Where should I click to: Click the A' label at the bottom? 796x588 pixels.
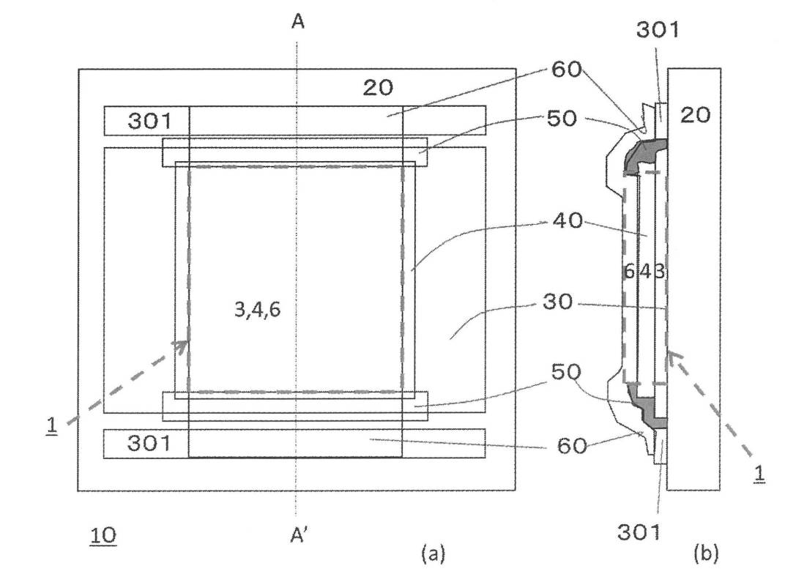tap(300, 535)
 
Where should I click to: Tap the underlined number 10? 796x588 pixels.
tap(103, 536)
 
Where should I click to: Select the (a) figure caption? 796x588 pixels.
tap(433, 553)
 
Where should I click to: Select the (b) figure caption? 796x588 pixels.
tap(706, 552)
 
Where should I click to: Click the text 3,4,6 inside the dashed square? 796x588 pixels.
tap(257, 309)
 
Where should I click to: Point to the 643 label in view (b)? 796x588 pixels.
tap(644, 272)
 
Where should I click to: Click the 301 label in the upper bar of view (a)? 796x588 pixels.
tap(150, 121)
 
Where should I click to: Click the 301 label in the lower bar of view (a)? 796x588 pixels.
tap(149, 444)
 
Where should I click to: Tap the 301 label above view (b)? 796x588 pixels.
tap(658, 31)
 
